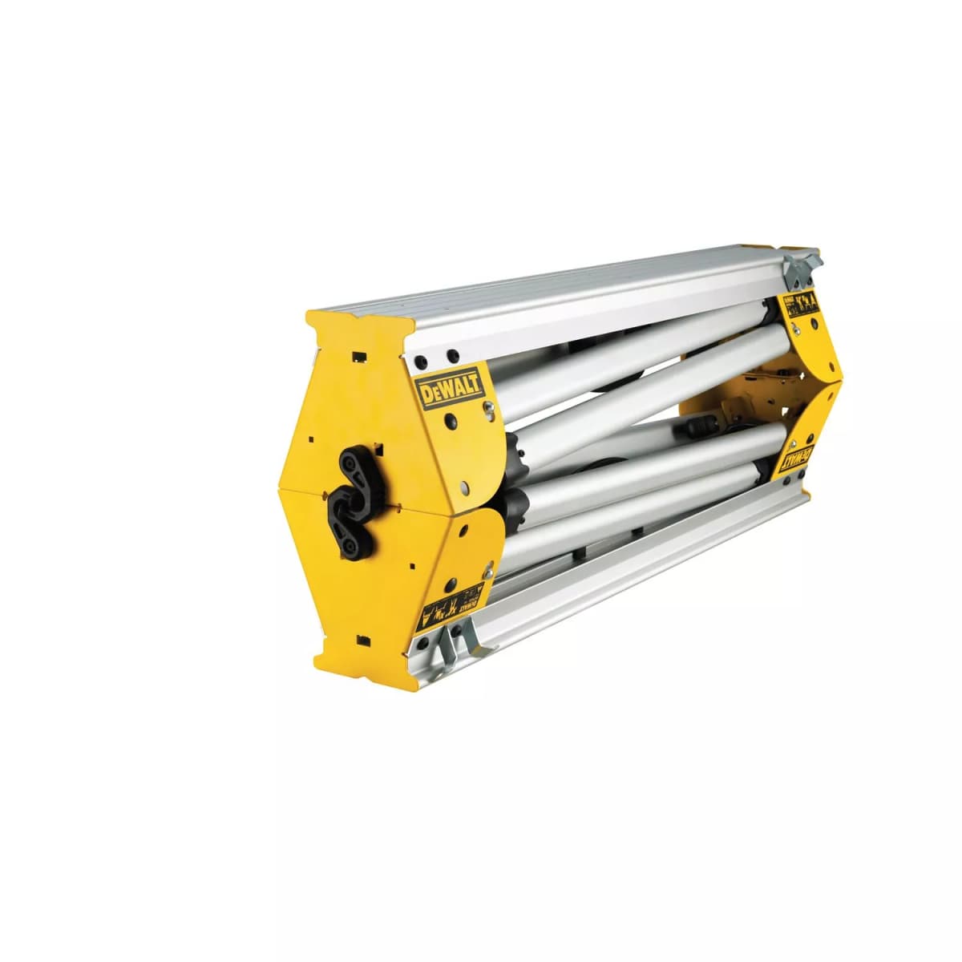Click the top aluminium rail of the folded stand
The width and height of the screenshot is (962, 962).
coord(561,297)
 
